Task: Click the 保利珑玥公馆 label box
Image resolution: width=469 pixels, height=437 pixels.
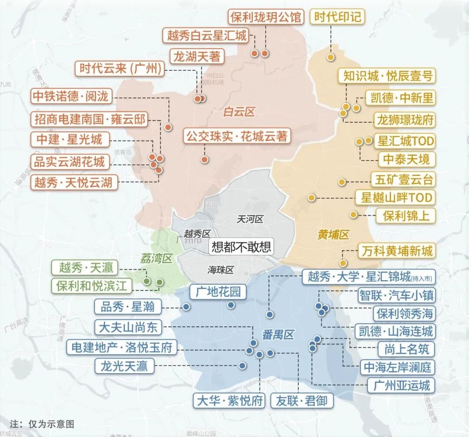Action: click(x=265, y=17)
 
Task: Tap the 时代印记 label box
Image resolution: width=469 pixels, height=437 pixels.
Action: click(x=337, y=17)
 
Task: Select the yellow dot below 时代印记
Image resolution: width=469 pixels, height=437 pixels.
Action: click(x=331, y=57)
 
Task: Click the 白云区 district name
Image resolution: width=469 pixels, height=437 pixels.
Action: click(x=238, y=112)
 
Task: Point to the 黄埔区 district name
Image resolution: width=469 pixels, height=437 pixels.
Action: click(x=333, y=235)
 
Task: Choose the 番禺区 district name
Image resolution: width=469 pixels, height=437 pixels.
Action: click(x=278, y=335)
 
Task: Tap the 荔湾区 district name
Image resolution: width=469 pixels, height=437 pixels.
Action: click(x=156, y=259)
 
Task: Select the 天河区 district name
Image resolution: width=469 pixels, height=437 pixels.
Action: click(x=250, y=219)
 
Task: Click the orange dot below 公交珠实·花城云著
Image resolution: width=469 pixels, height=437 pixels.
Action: click(x=205, y=159)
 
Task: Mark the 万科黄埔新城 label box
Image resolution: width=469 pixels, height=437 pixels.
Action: click(x=396, y=251)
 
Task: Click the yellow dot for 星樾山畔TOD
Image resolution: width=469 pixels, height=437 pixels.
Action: click(x=311, y=198)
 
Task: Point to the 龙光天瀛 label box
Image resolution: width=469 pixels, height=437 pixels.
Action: click(x=124, y=366)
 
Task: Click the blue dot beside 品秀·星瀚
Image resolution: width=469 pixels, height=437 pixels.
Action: click(x=186, y=307)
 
